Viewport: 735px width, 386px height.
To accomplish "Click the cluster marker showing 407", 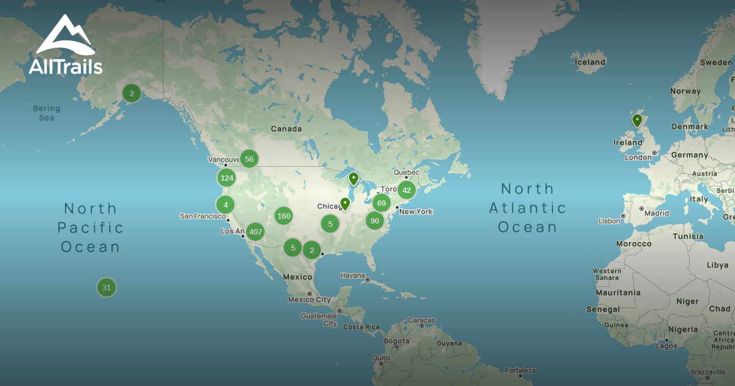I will coord(255,232).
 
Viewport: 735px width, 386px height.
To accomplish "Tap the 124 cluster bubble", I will coord(227,178).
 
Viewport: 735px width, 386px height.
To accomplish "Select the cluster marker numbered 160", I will coord(284,216).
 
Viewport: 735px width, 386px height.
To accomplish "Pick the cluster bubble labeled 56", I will coord(249,159).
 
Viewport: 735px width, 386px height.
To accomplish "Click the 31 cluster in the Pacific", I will coord(107,287).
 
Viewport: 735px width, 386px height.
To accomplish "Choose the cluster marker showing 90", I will coord(375,221).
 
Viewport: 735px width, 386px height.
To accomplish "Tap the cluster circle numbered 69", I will coord(382,203).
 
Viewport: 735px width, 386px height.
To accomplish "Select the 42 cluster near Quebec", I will coord(407,190).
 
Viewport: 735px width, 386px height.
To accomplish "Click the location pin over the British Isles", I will coord(637,120).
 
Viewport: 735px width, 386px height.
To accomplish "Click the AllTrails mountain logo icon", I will coord(65,37).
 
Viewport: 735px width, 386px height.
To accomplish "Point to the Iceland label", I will coord(590,62).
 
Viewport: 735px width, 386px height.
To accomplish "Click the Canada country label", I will coord(286,129).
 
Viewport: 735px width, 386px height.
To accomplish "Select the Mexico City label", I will coord(309,300).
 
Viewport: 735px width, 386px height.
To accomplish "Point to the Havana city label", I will coord(353,275).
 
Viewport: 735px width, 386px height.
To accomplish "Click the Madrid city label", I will coord(657,213).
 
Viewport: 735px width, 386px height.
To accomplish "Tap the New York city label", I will coord(416,211).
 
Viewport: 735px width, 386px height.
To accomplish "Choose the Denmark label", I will coord(690,127).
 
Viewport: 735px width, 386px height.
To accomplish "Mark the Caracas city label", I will coord(422,320).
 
